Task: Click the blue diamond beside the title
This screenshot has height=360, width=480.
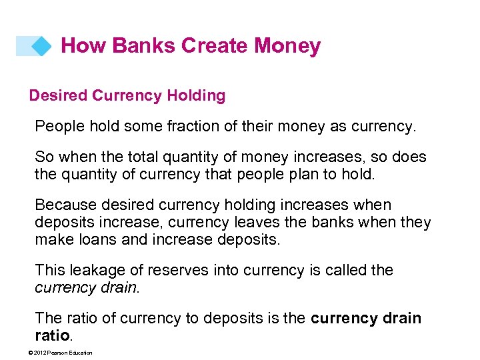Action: (x=41, y=46)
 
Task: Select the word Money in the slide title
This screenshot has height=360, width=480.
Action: (x=287, y=46)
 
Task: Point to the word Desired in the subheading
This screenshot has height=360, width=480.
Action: (x=58, y=96)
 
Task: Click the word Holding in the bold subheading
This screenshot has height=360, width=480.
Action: (x=196, y=96)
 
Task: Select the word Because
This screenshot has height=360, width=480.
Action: (x=65, y=205)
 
